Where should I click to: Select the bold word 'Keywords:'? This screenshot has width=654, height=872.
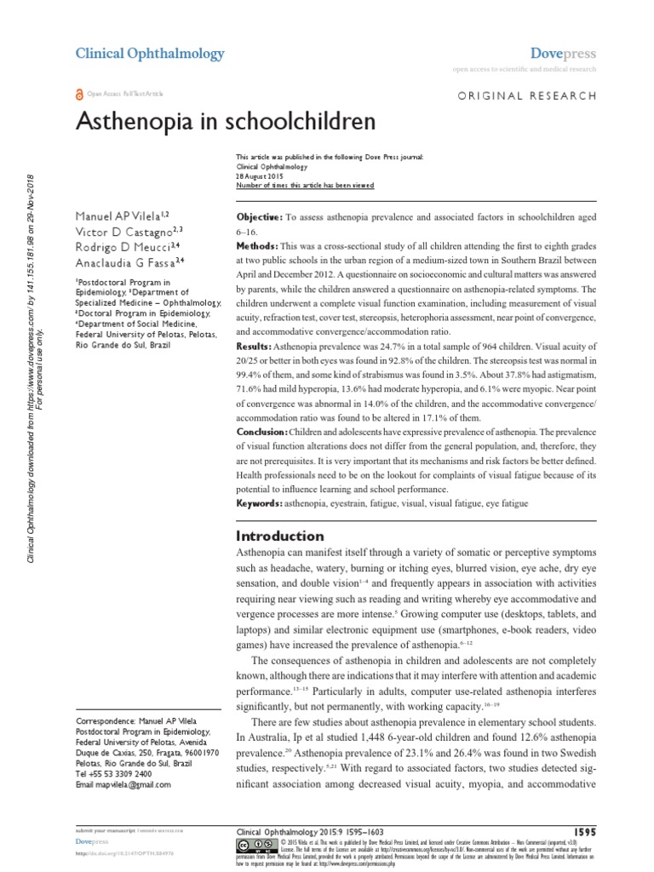point(259,504)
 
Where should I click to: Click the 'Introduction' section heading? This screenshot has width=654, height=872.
point(278,536)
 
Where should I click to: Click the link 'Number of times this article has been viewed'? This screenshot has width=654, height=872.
point(304,185)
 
